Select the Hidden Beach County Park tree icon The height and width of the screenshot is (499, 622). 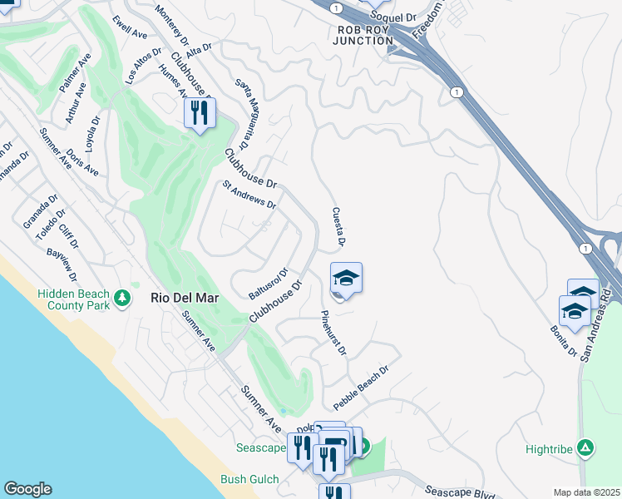pyautogui.click(x=123, y=298)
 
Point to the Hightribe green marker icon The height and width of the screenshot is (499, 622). pyautogui.click(x=585, y=449)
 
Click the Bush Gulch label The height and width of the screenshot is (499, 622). pyautogui.click(x=249, y=479)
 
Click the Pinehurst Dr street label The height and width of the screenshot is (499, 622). pyautogui.click(x=333, y=333)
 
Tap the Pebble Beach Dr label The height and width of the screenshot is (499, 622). pyautogui.click(x=362, y=388)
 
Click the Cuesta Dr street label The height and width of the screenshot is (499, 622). pyautogui.click(x=338, y=227)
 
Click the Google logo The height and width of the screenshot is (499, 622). pyautogui.click(x=27, y=489)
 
